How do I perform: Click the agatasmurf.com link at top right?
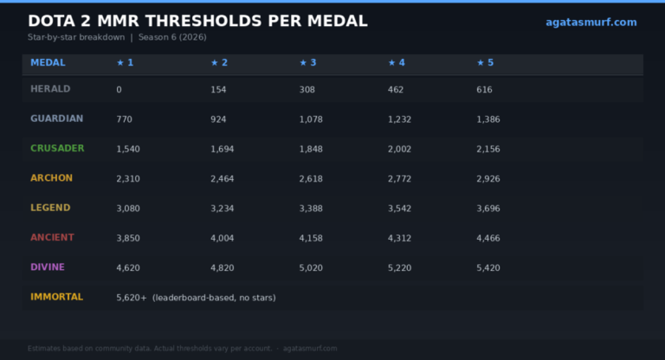pyautogui.click(x=591, y=22)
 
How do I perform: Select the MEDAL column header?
pyautogui.click(x=48, y=63)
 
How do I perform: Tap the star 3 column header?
pyautogui.click(x=308, y=63)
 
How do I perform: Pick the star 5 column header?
pyautogui.click(x=485, y=63)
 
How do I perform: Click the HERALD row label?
pyautogui.click(x=50, y=89)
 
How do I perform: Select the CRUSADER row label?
pyautogui.click(x=57, y=148)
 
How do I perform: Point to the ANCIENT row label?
pyautogui.click(x=52, y=237)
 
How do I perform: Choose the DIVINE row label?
pyautogui.click(x=48, y=267)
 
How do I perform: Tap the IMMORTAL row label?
pyautogui.click(x=57, y=297)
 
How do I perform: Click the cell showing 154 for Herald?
pyautogui.click(x=218, y=89)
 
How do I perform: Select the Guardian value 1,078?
pyautogui.click(x=311, y=119)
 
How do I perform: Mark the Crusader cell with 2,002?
pyautogui.click(x=399, y=149)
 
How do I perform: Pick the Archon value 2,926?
pyautogui.click(x=488, y=179)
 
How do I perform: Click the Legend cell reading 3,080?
pyautogui.click(x=128, y=209)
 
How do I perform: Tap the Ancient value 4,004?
pyautogui.click(x=223, y=238)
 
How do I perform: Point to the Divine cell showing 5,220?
pyautogui.click(x=399, y=268)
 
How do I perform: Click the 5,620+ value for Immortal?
pyautogui.click(x=132, y=298)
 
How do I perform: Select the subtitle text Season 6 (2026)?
pyautogui.click(x=172, y=37)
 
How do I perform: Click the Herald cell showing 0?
pyautogui.click(x=119, y=89)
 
